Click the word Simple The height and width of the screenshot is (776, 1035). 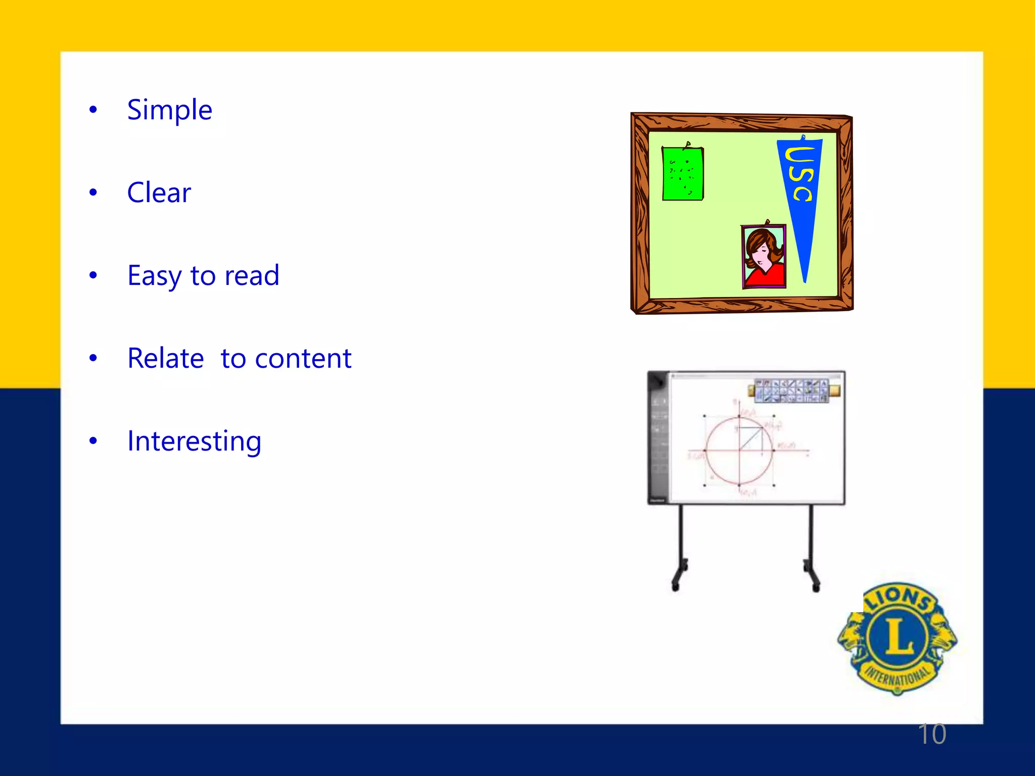(x=169, y=110)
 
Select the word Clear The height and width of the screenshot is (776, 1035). (x=159, y=193)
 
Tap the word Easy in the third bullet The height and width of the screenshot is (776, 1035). (x=154, y=276)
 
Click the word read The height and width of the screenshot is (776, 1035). (x=252, y=276)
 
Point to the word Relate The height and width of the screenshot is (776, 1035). (x=165, y=359)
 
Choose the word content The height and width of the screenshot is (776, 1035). (x=303, y=359)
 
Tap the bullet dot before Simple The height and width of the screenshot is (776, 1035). (x=93, y=110)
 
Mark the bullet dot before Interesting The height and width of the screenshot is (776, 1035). (x=93, y=441)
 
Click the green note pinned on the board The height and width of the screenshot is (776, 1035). (x=682, y=174)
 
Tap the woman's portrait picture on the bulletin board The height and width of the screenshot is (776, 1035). (x=764, y=257)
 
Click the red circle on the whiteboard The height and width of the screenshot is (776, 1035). (x=739, y=451)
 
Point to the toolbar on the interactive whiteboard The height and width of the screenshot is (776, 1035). (x=792, y=391)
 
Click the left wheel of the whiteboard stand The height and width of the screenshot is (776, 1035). (x=675, y=586)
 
